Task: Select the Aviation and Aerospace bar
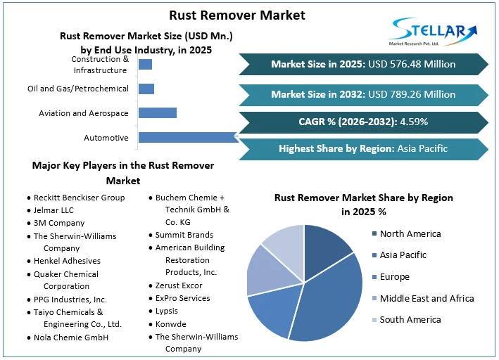[158, 112]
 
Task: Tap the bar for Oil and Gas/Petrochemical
[146, 89]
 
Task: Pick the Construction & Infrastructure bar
[145, 65]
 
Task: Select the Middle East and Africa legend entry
[427, 298]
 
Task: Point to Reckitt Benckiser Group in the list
[79, 198]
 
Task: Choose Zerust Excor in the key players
[179, 285]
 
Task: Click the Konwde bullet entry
[172, 323]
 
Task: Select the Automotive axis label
[106, 138]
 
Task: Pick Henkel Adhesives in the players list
[66, 261]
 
